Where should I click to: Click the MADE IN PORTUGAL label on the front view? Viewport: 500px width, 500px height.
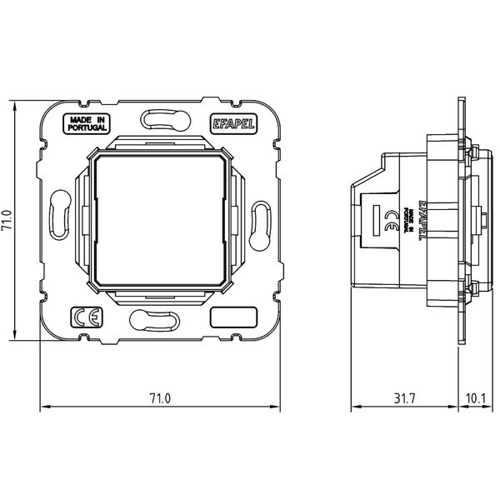click(x=87, y=124)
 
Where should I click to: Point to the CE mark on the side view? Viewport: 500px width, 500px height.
click(x=390, y=221)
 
